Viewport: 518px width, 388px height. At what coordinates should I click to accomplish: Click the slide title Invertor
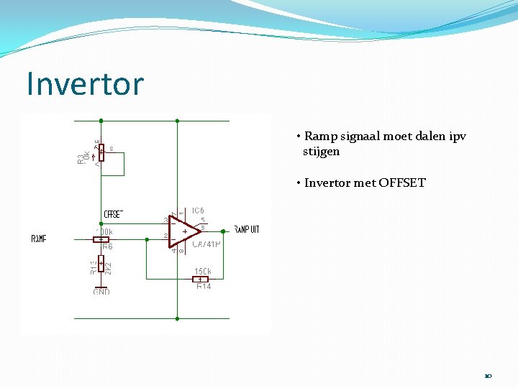pos(85,84)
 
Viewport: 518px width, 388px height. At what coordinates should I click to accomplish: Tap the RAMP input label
pos(40,239)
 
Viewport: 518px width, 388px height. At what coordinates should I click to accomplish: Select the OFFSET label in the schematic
pos(114,214)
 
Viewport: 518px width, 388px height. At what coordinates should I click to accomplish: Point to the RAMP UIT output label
pos(247,230)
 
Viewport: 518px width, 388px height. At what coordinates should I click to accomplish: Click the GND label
pos(101,292)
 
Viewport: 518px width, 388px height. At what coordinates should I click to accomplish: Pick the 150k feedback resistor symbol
pos(200,279)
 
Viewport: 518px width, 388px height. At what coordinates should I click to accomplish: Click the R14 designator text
pos(204,287)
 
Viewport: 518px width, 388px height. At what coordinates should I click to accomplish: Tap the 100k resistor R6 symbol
pos(101,239)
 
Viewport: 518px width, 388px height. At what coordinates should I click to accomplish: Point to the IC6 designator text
pos(198,211)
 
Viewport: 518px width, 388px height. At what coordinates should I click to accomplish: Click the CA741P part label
pos(206,244)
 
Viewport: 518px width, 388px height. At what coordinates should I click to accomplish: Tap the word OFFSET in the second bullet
pos(400,183)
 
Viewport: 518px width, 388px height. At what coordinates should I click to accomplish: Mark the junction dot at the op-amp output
pos(223,231)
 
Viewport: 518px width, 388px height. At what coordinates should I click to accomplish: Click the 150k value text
pos(202,272)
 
